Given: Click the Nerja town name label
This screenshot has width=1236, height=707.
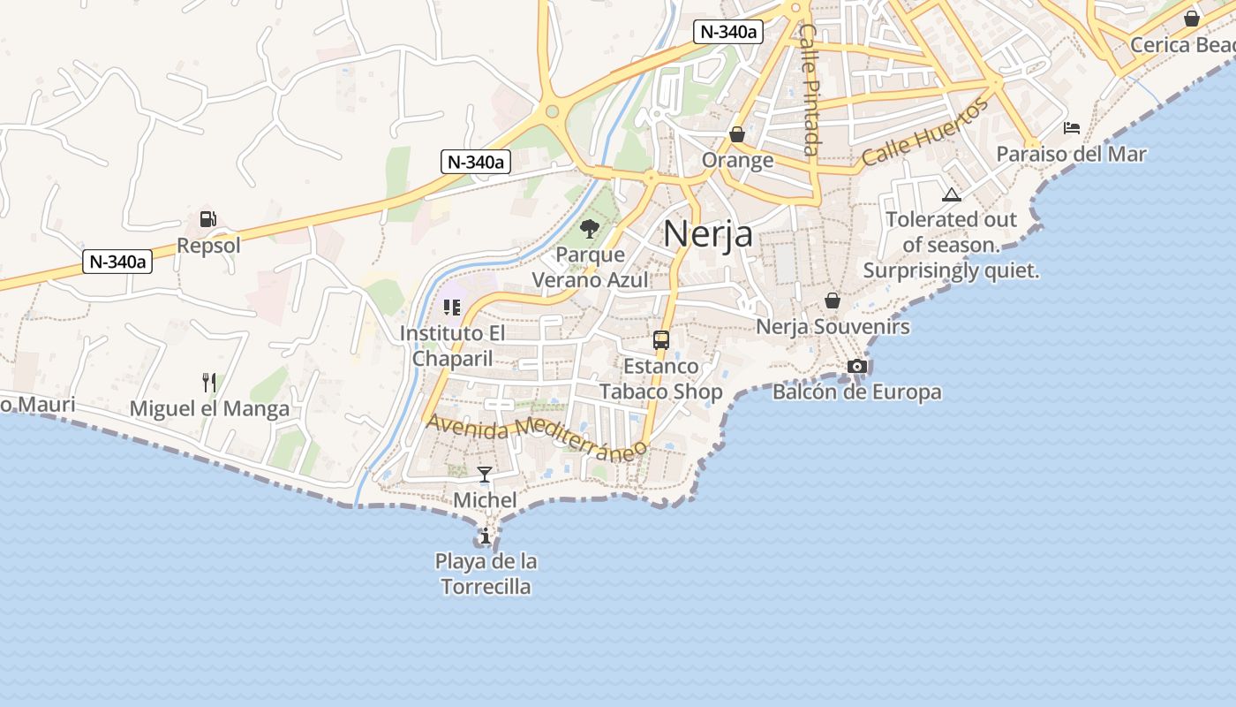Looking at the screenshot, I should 708,234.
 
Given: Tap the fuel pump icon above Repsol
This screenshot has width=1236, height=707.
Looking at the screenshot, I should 207,219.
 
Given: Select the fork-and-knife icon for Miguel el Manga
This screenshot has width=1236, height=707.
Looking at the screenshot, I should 209,383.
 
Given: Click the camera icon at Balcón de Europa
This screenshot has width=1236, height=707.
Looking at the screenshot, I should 856,366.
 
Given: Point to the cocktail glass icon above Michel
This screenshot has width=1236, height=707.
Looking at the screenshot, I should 485,475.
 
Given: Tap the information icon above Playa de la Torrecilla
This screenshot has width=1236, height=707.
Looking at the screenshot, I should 485,536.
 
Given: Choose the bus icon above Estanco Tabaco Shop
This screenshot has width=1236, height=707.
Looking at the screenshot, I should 660,340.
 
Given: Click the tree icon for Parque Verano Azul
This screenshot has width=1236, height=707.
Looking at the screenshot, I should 590,229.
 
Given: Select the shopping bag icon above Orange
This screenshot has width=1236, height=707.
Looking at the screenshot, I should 737,134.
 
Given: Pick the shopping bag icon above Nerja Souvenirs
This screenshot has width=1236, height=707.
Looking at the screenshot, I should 832,300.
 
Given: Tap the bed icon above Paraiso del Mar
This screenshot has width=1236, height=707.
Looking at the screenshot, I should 1072,128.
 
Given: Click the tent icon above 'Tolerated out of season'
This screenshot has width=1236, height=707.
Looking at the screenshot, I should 951,194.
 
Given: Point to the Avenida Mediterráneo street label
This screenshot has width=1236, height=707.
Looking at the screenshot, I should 537,437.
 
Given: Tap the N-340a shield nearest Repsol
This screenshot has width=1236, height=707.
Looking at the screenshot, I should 118,262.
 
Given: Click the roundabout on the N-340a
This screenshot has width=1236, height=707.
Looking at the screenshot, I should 553,111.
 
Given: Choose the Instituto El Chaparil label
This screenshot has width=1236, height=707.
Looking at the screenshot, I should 452,346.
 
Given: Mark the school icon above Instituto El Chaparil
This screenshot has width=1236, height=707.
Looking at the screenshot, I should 452,308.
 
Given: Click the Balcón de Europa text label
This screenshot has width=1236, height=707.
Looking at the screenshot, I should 856,392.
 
